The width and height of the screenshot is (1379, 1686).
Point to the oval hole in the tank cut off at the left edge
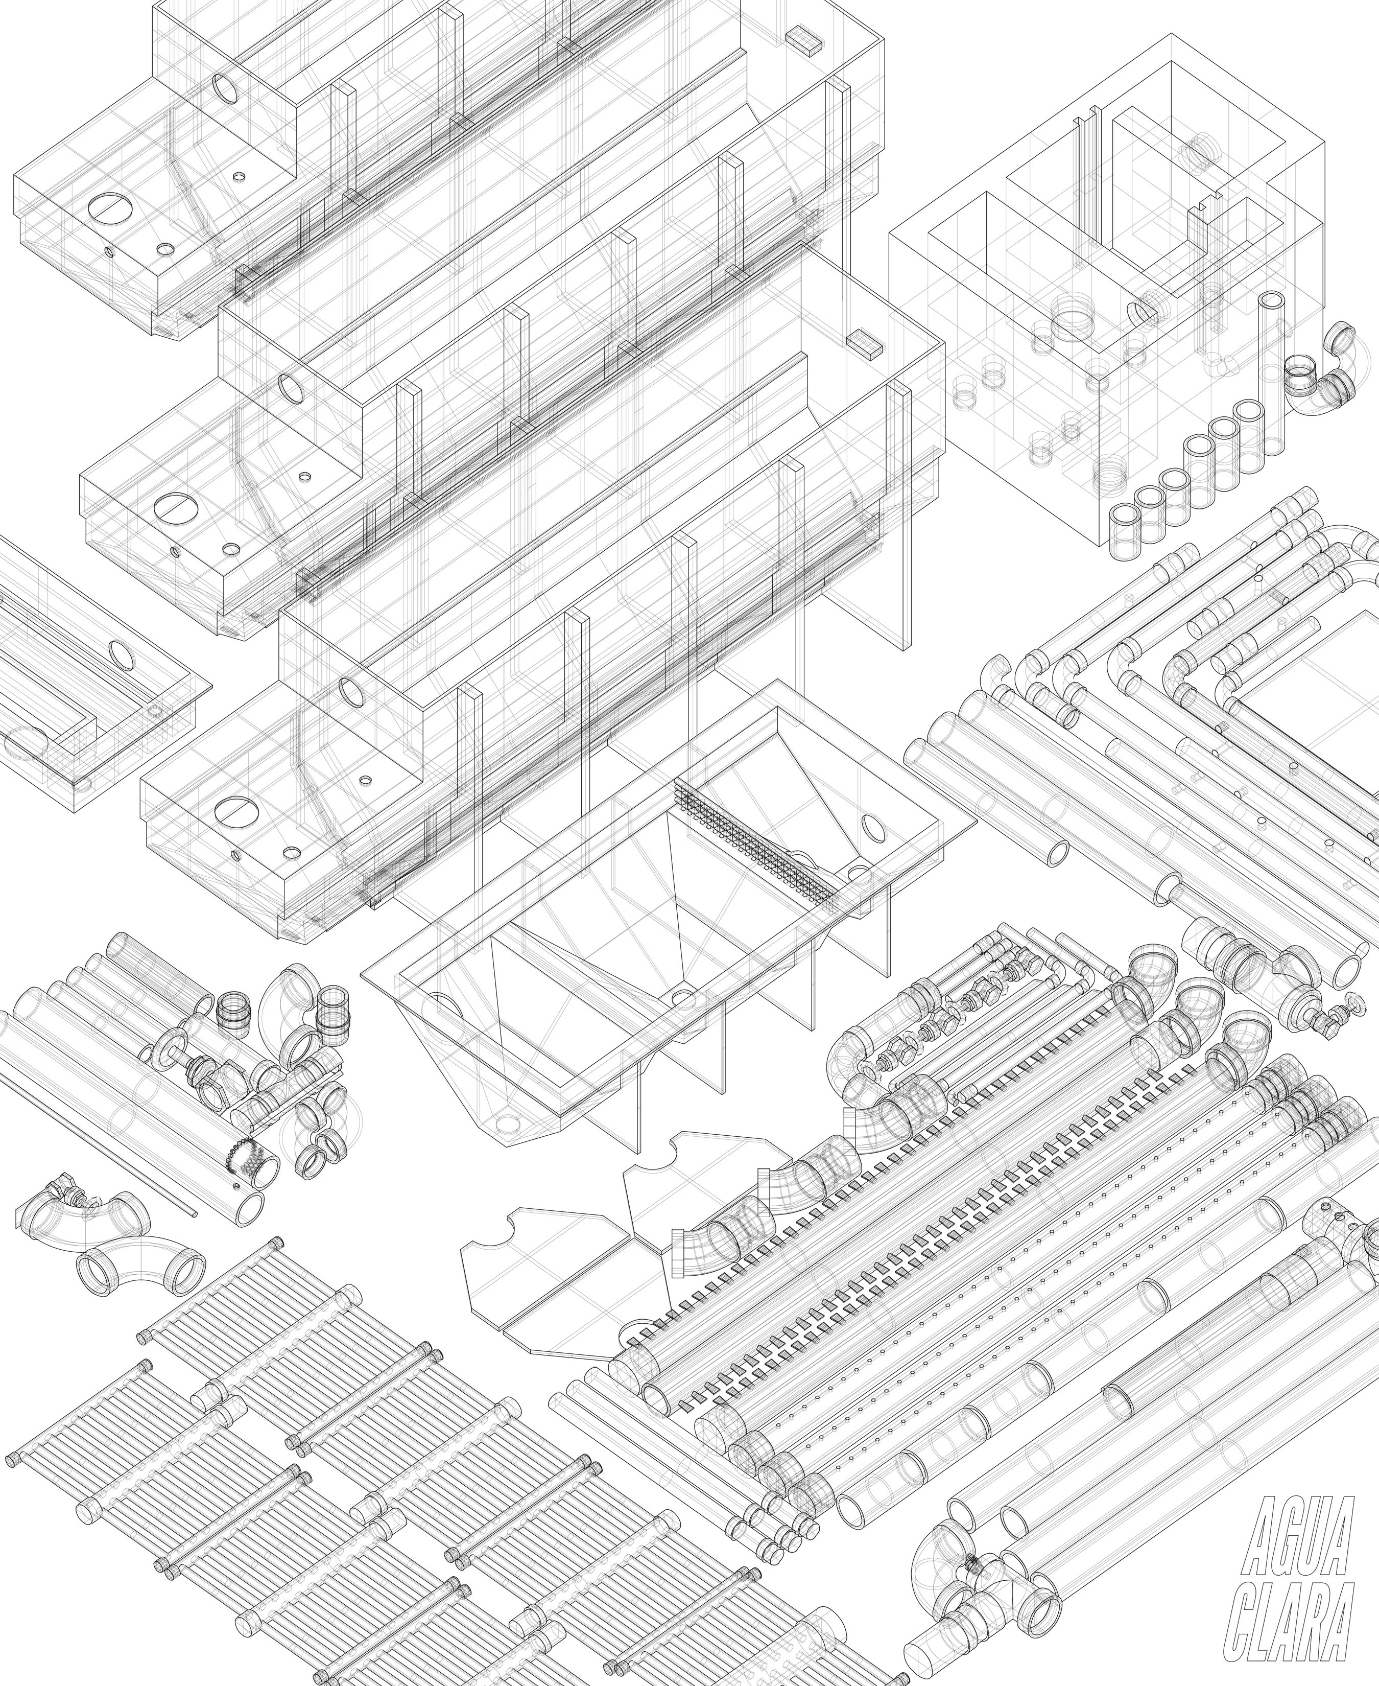click(x=123, y=654)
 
